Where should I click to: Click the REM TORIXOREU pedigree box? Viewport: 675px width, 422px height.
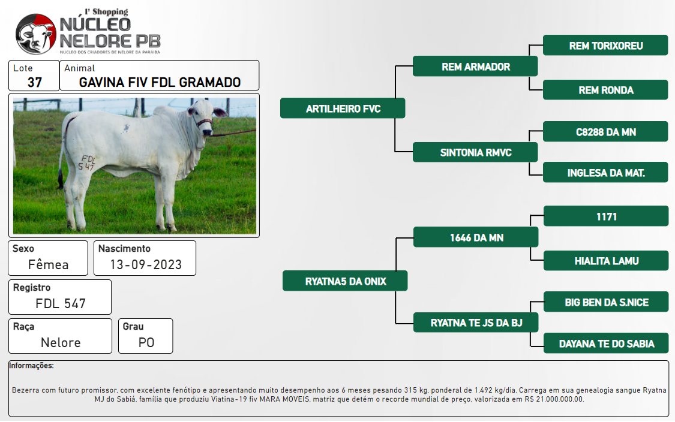point(605,45)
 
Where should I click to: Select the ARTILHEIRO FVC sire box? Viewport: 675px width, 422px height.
point(343,108)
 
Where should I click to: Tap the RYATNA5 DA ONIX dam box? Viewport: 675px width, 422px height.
point(345,281)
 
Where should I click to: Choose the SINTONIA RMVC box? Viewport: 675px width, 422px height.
point(475,152)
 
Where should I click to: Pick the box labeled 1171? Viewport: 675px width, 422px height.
point(606,216)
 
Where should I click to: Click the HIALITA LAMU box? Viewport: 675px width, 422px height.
point(606,261)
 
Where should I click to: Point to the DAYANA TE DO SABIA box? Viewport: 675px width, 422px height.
point(606,343)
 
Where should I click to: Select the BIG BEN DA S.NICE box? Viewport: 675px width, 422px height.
point(606,302)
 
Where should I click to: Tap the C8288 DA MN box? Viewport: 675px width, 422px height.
point(605,132)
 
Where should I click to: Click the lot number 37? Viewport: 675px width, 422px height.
point(35,82)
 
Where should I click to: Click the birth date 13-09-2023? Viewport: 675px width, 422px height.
point(146,264)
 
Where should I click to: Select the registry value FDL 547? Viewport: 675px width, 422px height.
point(61,304)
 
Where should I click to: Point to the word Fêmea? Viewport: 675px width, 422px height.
point(48,264)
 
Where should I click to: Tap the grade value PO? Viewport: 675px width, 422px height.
point(146,342)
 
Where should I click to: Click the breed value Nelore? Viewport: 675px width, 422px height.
point(61,342)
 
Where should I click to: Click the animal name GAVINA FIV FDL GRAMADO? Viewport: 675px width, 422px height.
point(160,82)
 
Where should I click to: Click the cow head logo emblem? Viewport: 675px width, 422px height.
point(36,34)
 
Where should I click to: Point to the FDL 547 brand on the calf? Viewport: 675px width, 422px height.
point(86,162)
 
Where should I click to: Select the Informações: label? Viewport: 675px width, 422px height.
point(31,366)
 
